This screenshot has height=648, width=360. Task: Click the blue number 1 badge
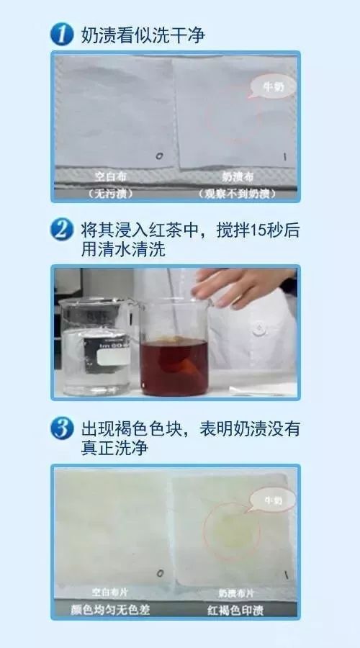click(x=63, y=34)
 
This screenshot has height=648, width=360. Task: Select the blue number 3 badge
click(x=63, y=429)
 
